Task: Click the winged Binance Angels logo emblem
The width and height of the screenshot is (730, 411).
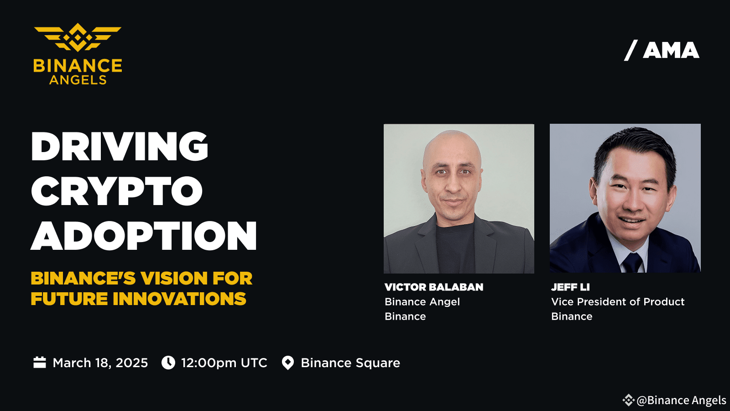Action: click(x=78, y=37)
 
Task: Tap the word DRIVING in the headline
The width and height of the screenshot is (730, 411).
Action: click(x=120, y=146)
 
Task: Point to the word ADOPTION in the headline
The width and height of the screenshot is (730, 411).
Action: click(x=144, y=236)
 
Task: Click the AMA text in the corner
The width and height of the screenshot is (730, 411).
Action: click(x=671, y=51)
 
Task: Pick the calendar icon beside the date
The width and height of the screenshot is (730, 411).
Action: click(x=40, y=363)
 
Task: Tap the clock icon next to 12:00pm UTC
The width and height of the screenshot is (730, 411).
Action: click(x=168, y=363)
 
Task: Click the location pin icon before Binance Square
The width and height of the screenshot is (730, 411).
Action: click(x=288, y=363)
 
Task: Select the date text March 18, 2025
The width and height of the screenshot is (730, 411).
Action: click(x=100, y=363)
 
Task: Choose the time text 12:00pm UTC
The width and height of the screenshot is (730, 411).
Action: click(x=224, y=363)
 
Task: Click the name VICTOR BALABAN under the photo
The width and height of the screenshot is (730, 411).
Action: click(x=434, y=287)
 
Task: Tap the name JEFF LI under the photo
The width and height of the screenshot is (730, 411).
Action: click(x=570, y=287)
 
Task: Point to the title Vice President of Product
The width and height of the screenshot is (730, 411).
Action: click(x=618, y=302)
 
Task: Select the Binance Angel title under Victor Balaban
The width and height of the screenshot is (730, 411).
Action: click(x=422, y=302)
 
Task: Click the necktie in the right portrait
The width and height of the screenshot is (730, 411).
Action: click(x=632, y=263)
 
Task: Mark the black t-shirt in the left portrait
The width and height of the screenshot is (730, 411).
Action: click(x=455, y=248)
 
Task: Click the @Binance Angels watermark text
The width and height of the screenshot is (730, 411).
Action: click(x=681, y=400)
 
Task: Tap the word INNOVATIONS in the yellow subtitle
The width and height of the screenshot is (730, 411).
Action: click(x=179, y=299)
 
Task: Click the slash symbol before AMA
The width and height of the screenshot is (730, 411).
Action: click(x=631, y=51)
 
